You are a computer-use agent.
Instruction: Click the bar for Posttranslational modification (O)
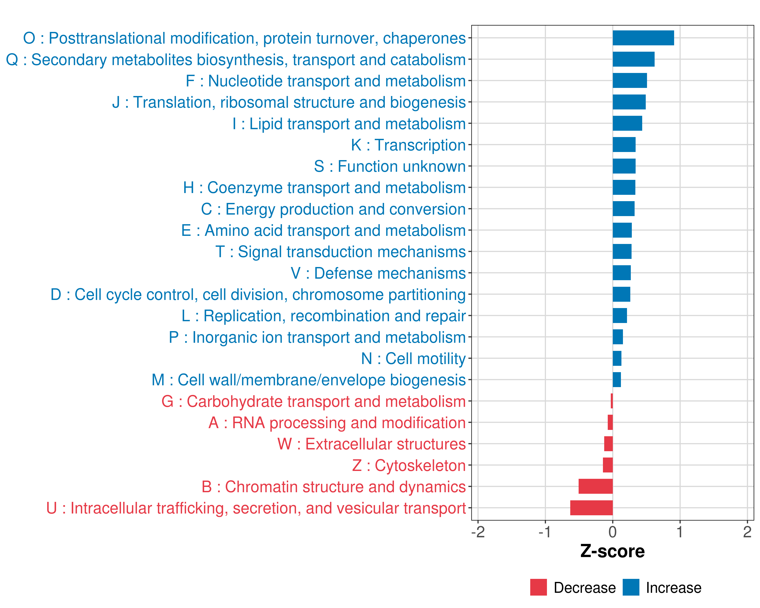[x=643, y=38]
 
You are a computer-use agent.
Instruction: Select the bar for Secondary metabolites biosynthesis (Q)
[x=633, y=59]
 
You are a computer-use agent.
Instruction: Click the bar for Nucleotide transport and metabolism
[x=630, y=81]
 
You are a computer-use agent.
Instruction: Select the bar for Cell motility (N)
[x=617, y=358]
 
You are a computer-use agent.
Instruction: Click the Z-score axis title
[x=612, y=551]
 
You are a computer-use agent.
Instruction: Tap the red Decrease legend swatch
[x=538, y=587]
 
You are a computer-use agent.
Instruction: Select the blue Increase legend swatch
[x=631, y=587]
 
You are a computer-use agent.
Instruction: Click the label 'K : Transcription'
[x=408, y=145]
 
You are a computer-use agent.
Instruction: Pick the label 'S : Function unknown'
[x=390, y=166]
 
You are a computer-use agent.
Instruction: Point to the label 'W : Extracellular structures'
[x=372, y=444]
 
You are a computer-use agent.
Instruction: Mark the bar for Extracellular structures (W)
[x=609, y=444]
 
